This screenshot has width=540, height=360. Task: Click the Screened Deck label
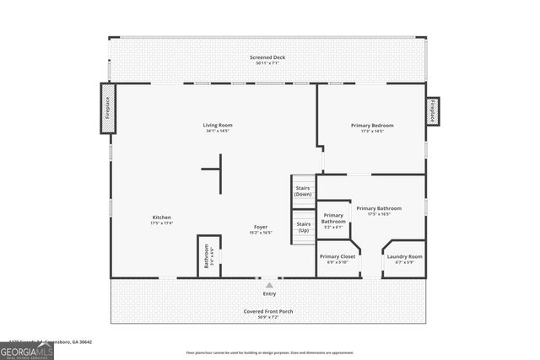(x=267, y=57)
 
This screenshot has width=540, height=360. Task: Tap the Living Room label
(x=218, y=126)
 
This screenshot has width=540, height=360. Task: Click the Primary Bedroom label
(x=372, y=126)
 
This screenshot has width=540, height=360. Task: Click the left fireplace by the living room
(x=108, y=108)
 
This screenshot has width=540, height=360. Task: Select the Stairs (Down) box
(x=303, y=191)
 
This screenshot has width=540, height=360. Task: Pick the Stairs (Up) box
(x=303, y=227)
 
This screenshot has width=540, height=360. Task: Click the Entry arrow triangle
(x=269, y=285)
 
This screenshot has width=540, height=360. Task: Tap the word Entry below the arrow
(x=269, y=293)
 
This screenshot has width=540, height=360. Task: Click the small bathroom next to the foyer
(x=208, y=255)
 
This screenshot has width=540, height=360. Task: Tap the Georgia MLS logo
(x=27, y=350)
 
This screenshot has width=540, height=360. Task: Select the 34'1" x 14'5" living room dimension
(x=218, y=131)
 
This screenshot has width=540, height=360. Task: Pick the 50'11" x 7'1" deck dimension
(x=267, y=63)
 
